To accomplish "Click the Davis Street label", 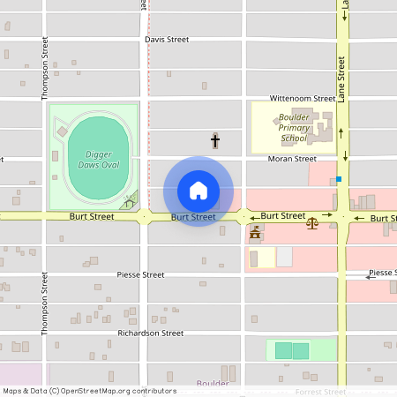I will [167, 40].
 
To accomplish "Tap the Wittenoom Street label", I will [302, 100].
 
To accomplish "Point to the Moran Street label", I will [292, 159].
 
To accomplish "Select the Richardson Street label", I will [150, 333].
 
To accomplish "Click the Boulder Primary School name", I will [293, 127].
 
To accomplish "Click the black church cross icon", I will [214, 140].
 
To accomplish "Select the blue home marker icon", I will [198, 191].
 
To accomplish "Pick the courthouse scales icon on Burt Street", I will [311, 223].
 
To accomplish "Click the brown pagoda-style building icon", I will [256, 233].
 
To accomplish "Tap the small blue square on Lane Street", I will [338, 179].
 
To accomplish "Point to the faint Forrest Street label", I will [320, 391].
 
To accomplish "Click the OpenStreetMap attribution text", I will [89, 391].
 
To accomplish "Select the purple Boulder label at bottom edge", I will [212, 384].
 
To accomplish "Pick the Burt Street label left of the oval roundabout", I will [92, 216].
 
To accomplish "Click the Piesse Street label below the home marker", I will [141, 275].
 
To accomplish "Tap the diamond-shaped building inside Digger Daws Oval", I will [61, 132].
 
